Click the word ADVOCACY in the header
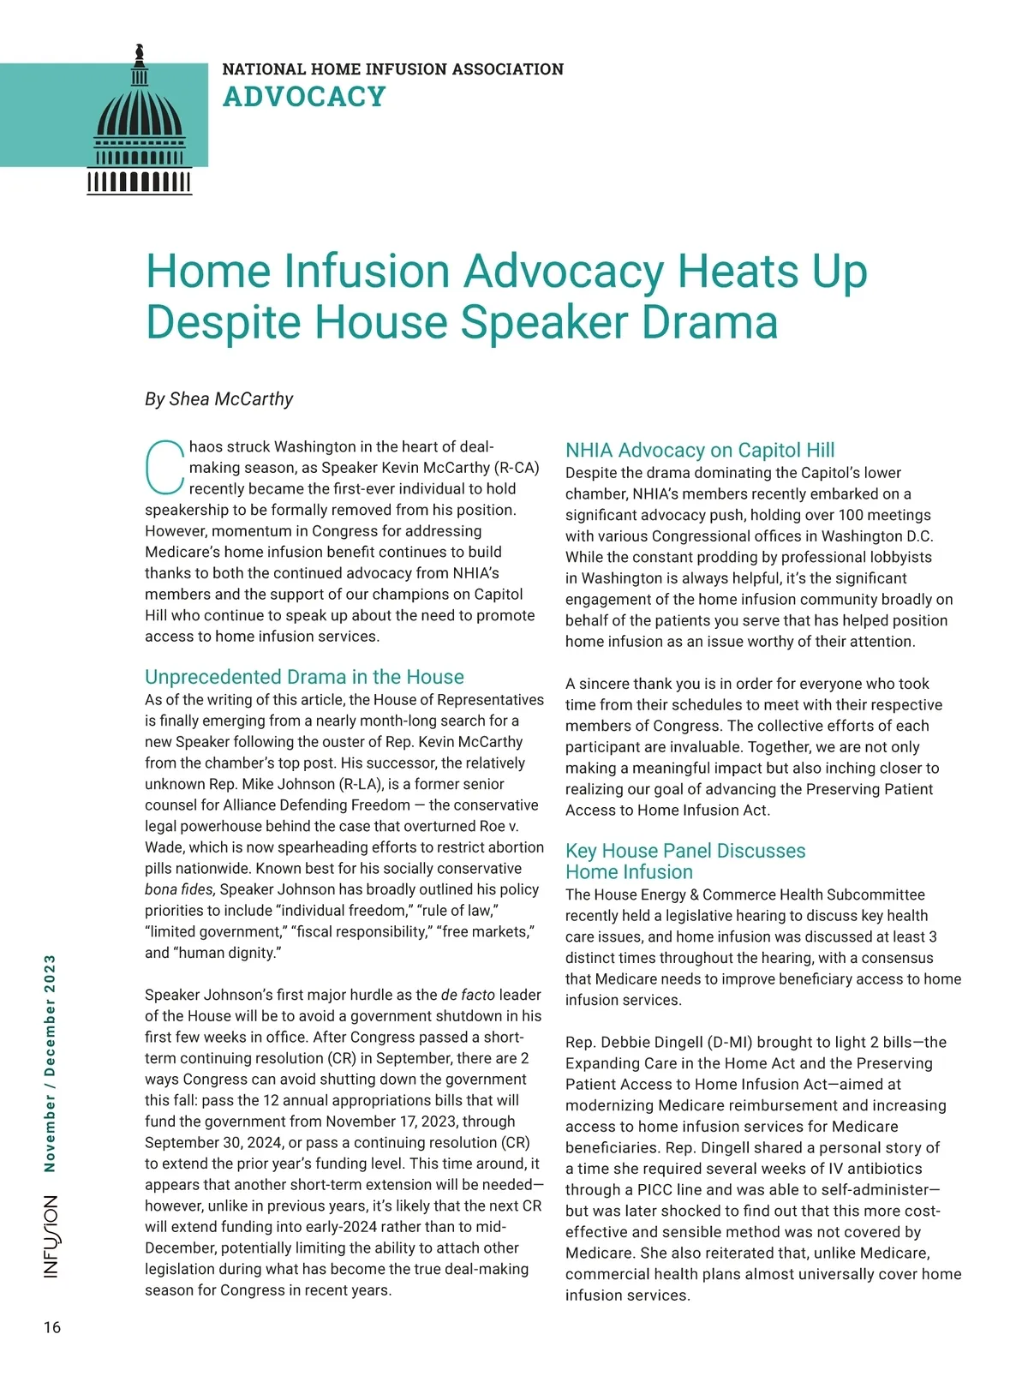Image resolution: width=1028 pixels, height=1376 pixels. [x=304, y=97]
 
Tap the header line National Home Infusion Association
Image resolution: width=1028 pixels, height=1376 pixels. [x=392, y=69]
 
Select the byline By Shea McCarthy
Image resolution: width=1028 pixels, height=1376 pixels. [x=218, y=399]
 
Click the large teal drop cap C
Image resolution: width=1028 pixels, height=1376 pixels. [x=164, y=468]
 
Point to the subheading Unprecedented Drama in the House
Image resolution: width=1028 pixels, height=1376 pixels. [x=304, y=677]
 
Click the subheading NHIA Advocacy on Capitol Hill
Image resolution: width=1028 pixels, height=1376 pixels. [x=700, y=451]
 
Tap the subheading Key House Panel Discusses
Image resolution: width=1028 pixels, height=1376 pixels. [x=685, y=851]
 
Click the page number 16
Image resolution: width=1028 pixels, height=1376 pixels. [x=52, y=1327]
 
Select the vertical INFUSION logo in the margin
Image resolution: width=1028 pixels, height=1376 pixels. [x=52, y=1236]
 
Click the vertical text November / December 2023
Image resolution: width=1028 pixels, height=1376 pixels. [x=51, y=1063]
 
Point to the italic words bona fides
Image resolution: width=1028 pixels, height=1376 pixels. [x=180, y=889]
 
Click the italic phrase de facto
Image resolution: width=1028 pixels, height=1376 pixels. [x=468, y=995]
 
